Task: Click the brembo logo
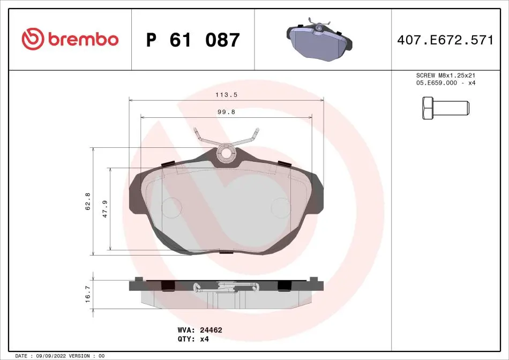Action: coord(70,39)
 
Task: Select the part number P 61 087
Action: coord(193,40)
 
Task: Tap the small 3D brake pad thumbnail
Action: coord(319,39)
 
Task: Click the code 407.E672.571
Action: coord(445,40)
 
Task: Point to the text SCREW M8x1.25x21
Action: coord(445,76)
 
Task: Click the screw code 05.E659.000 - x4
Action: coord(445,83)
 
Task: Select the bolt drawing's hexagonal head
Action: coord(428,108)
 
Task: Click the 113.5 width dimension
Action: coord(226,95)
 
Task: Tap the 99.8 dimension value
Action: coord(226,112)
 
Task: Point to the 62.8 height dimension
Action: coord(88,201)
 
